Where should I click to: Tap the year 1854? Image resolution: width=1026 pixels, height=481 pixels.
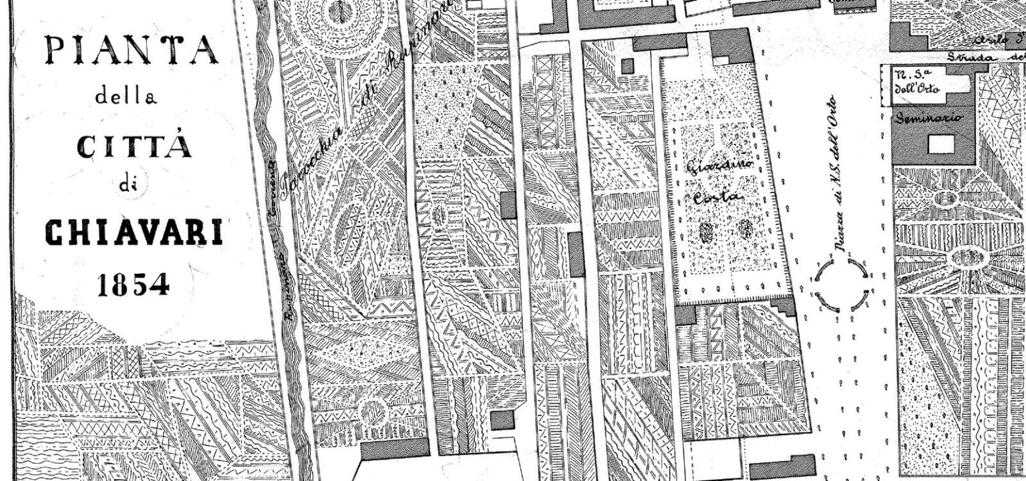pos(133,285)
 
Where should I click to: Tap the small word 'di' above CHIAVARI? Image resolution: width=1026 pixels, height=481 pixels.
pos(127,185)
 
